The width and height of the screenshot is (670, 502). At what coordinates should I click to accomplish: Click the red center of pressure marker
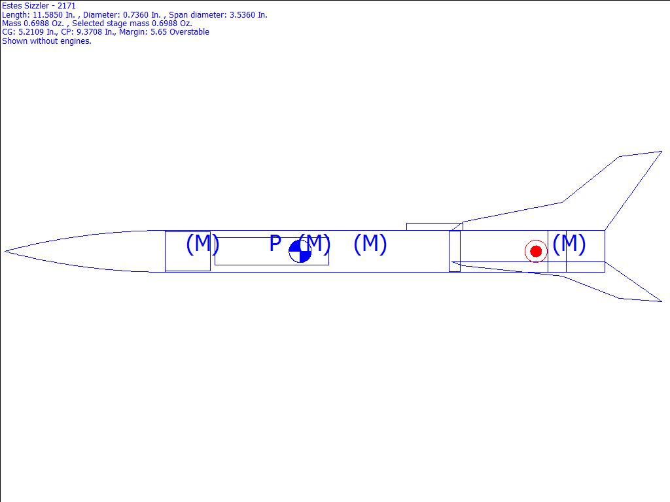point(536,251)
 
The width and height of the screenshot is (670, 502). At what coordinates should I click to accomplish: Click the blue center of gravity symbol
point(300,251)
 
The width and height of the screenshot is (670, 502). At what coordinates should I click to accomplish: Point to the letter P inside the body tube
point(275,243)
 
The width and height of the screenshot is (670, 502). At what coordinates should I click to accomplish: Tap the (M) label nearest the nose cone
point(203,244)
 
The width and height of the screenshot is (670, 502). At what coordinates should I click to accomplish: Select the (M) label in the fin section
point(569,244)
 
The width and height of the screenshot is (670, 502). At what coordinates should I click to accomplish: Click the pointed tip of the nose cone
point(5,251)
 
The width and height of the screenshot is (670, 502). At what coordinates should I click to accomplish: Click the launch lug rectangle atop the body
point(434,227)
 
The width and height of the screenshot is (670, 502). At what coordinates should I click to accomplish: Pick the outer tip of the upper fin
point(661,151)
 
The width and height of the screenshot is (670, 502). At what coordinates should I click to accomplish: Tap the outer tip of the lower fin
point(661,301)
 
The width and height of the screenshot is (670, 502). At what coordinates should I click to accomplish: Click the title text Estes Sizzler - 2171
point(39,6)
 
